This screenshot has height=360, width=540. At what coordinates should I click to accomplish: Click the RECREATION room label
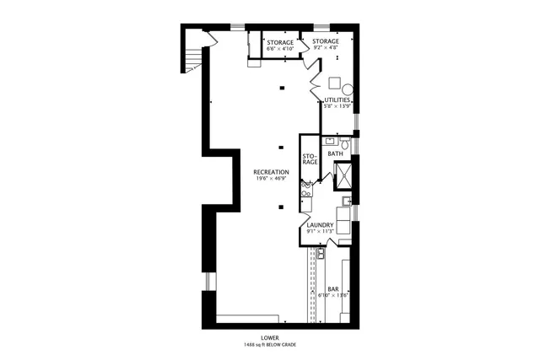(271, 172)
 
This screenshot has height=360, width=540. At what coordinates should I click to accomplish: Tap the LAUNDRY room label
(321, 225)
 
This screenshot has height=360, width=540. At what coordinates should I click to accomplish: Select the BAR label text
(332, 289)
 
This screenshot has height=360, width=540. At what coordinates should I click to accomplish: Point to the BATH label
(335, 153)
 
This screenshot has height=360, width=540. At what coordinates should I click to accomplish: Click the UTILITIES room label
(337, 99)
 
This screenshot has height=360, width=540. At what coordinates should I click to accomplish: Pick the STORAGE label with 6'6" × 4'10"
(280, 42)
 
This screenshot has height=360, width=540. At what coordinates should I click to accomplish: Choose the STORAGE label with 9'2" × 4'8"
(326, 41)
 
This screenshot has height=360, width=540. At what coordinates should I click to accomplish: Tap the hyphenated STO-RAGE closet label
(310, 159)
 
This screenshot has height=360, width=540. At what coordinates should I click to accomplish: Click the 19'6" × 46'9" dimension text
(271, 179)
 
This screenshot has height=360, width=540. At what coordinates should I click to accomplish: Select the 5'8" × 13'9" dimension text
(337, 106)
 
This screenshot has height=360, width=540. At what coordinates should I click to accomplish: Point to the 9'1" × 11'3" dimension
(321, 232)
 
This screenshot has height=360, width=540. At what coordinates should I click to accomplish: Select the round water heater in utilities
(348, 89)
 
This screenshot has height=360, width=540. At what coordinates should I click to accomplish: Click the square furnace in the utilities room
(334, 83)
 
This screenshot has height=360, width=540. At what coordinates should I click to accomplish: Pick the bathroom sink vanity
(332, 142)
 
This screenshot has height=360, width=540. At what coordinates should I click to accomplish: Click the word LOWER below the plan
(270, 336)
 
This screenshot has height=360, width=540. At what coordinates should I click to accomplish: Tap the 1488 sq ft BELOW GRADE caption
(270, 344)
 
